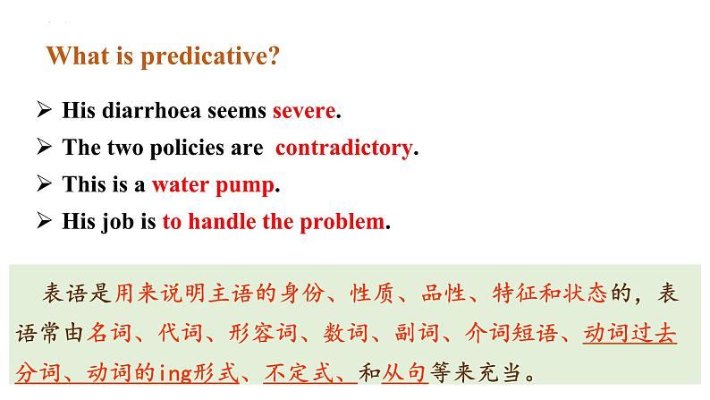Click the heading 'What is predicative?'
(163, 56)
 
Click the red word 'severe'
(304, 111)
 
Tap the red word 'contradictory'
(343, 148)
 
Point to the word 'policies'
(191, 148)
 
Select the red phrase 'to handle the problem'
(273, 221)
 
